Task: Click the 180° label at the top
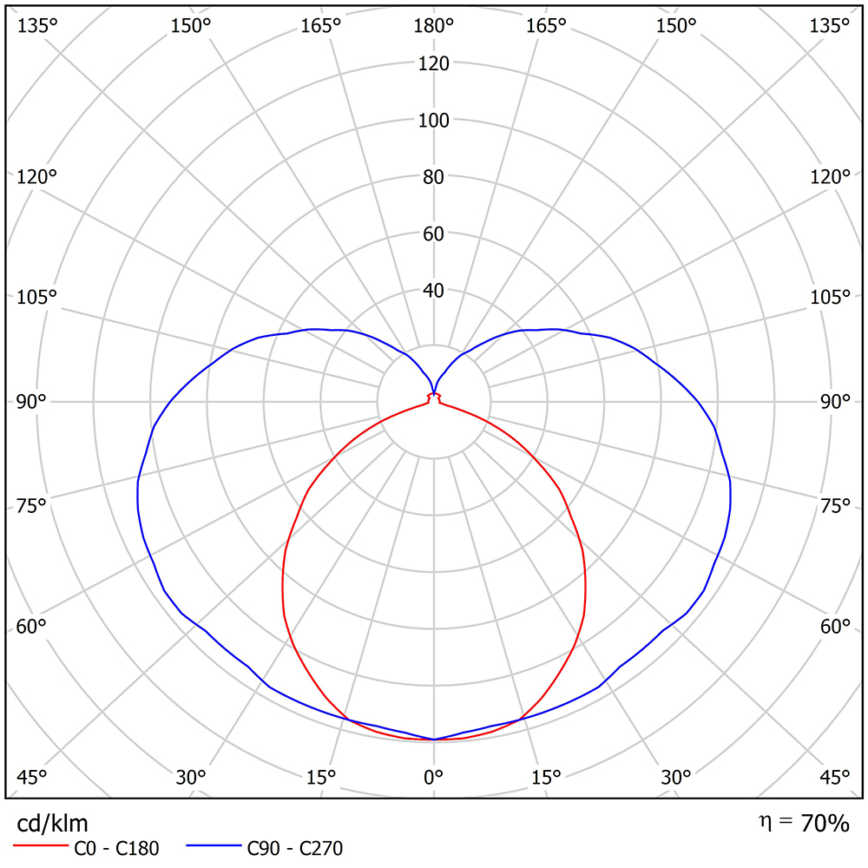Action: (x=434, y=26)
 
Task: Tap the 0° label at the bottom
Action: (x=434, y=777)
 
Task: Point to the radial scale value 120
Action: (x=434, y=63)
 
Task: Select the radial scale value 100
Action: (x=434, y=121)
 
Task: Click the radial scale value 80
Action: (x=434, y=177)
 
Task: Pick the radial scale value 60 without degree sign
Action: (x=434, y=233)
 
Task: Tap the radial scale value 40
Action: (x=434, y=290)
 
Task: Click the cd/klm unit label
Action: (x=52, y=823)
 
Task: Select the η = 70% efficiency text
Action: (x=803, y=823)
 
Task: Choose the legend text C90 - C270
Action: (x=294, y=848)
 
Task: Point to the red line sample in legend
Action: (x=40, y=845)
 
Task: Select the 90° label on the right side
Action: (x=834, y=402)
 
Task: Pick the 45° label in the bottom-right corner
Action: (x=834, y=777)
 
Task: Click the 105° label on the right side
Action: (x=832, y=298)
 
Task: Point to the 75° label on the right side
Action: (x=834, y=506)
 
